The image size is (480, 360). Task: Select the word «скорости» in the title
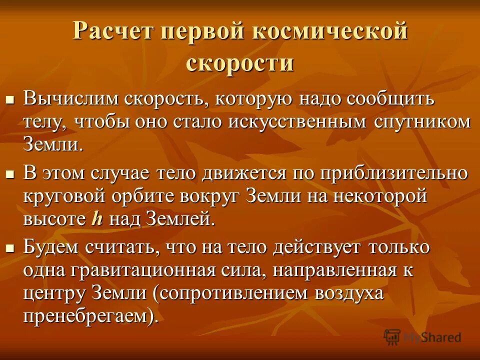pos(239,63)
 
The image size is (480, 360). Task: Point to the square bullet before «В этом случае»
pos(9,175)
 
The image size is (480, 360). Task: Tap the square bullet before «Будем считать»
pos(9,248)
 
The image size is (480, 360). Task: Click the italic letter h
pos(96,219)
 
